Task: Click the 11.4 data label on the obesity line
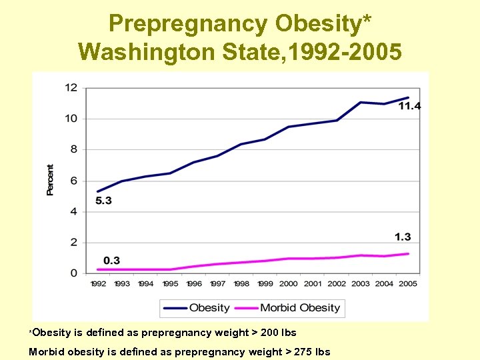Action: click(x=410, y=107)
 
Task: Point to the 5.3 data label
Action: click(x=103, y=201)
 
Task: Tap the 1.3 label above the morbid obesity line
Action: click(x=403, y=237)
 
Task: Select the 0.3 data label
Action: click(x=112, y=260)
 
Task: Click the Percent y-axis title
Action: click(x=50, y=179)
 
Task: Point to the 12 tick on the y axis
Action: click(x=71, y=87)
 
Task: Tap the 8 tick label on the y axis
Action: click(x=73, y=149)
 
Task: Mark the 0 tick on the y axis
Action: click(x=73, y=273)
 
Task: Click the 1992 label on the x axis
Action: click(x=98, y=284)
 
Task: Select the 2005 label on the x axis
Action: click(x=408, y=284)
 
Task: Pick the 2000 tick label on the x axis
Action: click(x=289, y=284)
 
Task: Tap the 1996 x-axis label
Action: click(x=193, y=284)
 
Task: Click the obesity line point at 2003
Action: click(x=361, y=102)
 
